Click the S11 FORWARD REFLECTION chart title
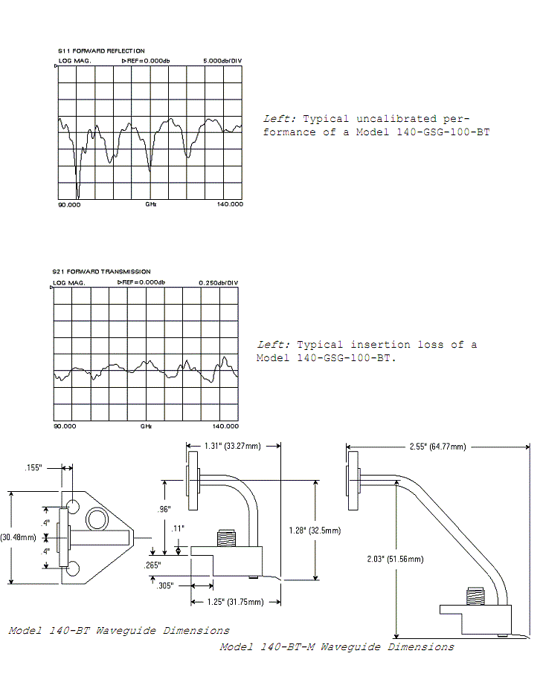101,51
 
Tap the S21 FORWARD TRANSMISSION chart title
101,272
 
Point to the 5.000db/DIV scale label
222,61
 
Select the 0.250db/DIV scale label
219,283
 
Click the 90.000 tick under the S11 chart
69,204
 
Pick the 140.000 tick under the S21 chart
225,426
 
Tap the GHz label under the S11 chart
151,204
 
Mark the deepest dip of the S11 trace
78,198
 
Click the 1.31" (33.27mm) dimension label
233,446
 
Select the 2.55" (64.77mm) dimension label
437,447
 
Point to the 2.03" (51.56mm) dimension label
395,559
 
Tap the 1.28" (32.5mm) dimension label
315,531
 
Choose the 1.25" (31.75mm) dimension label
235,602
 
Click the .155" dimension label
33,467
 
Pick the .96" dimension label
164,509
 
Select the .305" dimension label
165,585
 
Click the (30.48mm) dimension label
18,537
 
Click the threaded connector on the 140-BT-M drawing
475,596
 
